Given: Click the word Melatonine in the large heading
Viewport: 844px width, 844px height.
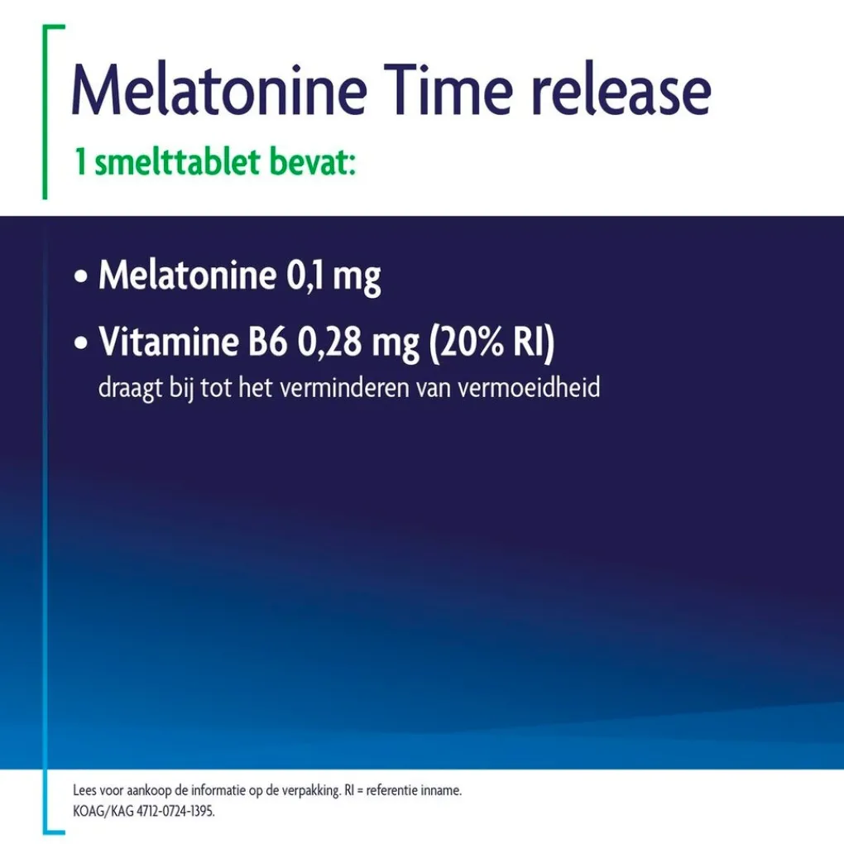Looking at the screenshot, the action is (x=219, y=89).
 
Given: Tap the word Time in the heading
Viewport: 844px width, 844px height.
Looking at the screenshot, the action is (x=448, y=89).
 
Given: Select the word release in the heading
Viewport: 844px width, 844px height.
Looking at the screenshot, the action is (x=621, y=89).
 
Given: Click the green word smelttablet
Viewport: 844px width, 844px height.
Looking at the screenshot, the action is (x=177, y=161).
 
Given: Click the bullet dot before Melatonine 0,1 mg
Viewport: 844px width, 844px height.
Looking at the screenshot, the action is (x=81, y=277).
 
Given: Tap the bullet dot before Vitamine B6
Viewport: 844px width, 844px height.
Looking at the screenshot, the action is (x=81, y=343).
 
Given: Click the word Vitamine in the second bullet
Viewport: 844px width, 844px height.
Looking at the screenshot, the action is (x=169, y=341).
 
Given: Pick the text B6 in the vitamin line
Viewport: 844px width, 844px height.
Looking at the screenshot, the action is (x=267, y=342).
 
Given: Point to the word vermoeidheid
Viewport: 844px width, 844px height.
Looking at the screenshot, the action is (x=529, y=387).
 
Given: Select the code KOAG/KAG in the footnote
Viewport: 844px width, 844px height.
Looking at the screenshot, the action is (x=103, y=811).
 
